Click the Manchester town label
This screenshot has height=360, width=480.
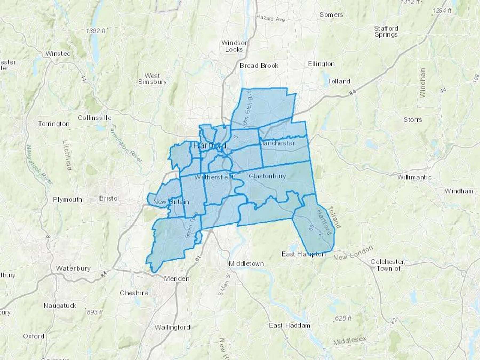277,143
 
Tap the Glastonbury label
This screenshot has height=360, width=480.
267,176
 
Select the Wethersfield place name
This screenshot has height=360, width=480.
214,177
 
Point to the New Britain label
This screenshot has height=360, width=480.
171,202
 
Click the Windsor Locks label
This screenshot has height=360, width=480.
234,46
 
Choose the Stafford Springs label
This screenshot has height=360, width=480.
386,31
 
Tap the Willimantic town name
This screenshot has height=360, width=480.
414,177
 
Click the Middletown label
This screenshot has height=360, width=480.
246,264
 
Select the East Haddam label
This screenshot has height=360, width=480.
289,325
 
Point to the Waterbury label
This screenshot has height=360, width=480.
73,268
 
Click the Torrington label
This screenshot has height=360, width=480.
54,124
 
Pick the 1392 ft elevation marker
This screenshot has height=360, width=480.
95,31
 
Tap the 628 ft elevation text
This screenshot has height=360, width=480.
343,318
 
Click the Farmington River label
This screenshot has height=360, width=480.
126,144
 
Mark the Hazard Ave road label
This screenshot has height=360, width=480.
270,18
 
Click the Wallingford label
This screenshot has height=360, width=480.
173,327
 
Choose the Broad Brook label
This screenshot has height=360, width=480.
259,66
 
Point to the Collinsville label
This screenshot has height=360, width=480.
95,118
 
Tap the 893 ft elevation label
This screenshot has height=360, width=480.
95,312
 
